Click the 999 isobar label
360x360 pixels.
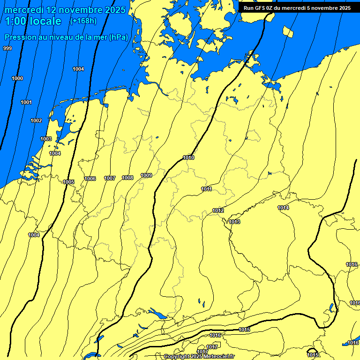[x=7, y=48]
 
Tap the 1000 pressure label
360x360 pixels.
[x=17, y=78]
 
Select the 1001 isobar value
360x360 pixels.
[x=26, y=102]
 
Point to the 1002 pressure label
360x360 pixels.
[x=36, y=120]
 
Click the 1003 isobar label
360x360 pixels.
[x=46, y=139]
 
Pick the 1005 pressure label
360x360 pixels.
[x=68, y=182]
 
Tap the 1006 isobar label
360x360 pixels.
[x=90, y=179]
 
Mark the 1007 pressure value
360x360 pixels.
[x=110, y=178]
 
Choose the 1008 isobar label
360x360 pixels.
[x=127, y=178]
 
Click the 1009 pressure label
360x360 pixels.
[x=146, y=175]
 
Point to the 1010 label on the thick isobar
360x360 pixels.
[x=188, y=157]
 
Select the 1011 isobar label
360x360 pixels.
[x=206, y=189]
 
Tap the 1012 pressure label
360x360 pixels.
[x=218, y=210]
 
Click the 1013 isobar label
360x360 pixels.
[x=234, y=222]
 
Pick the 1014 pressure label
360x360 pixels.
[x=283, y=208]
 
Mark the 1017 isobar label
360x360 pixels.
[x=202, y=352]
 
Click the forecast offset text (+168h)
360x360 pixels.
[x=83, y=21]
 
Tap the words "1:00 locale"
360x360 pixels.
[x=33, y=21]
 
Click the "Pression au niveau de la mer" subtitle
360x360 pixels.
[x=66, y=37]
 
